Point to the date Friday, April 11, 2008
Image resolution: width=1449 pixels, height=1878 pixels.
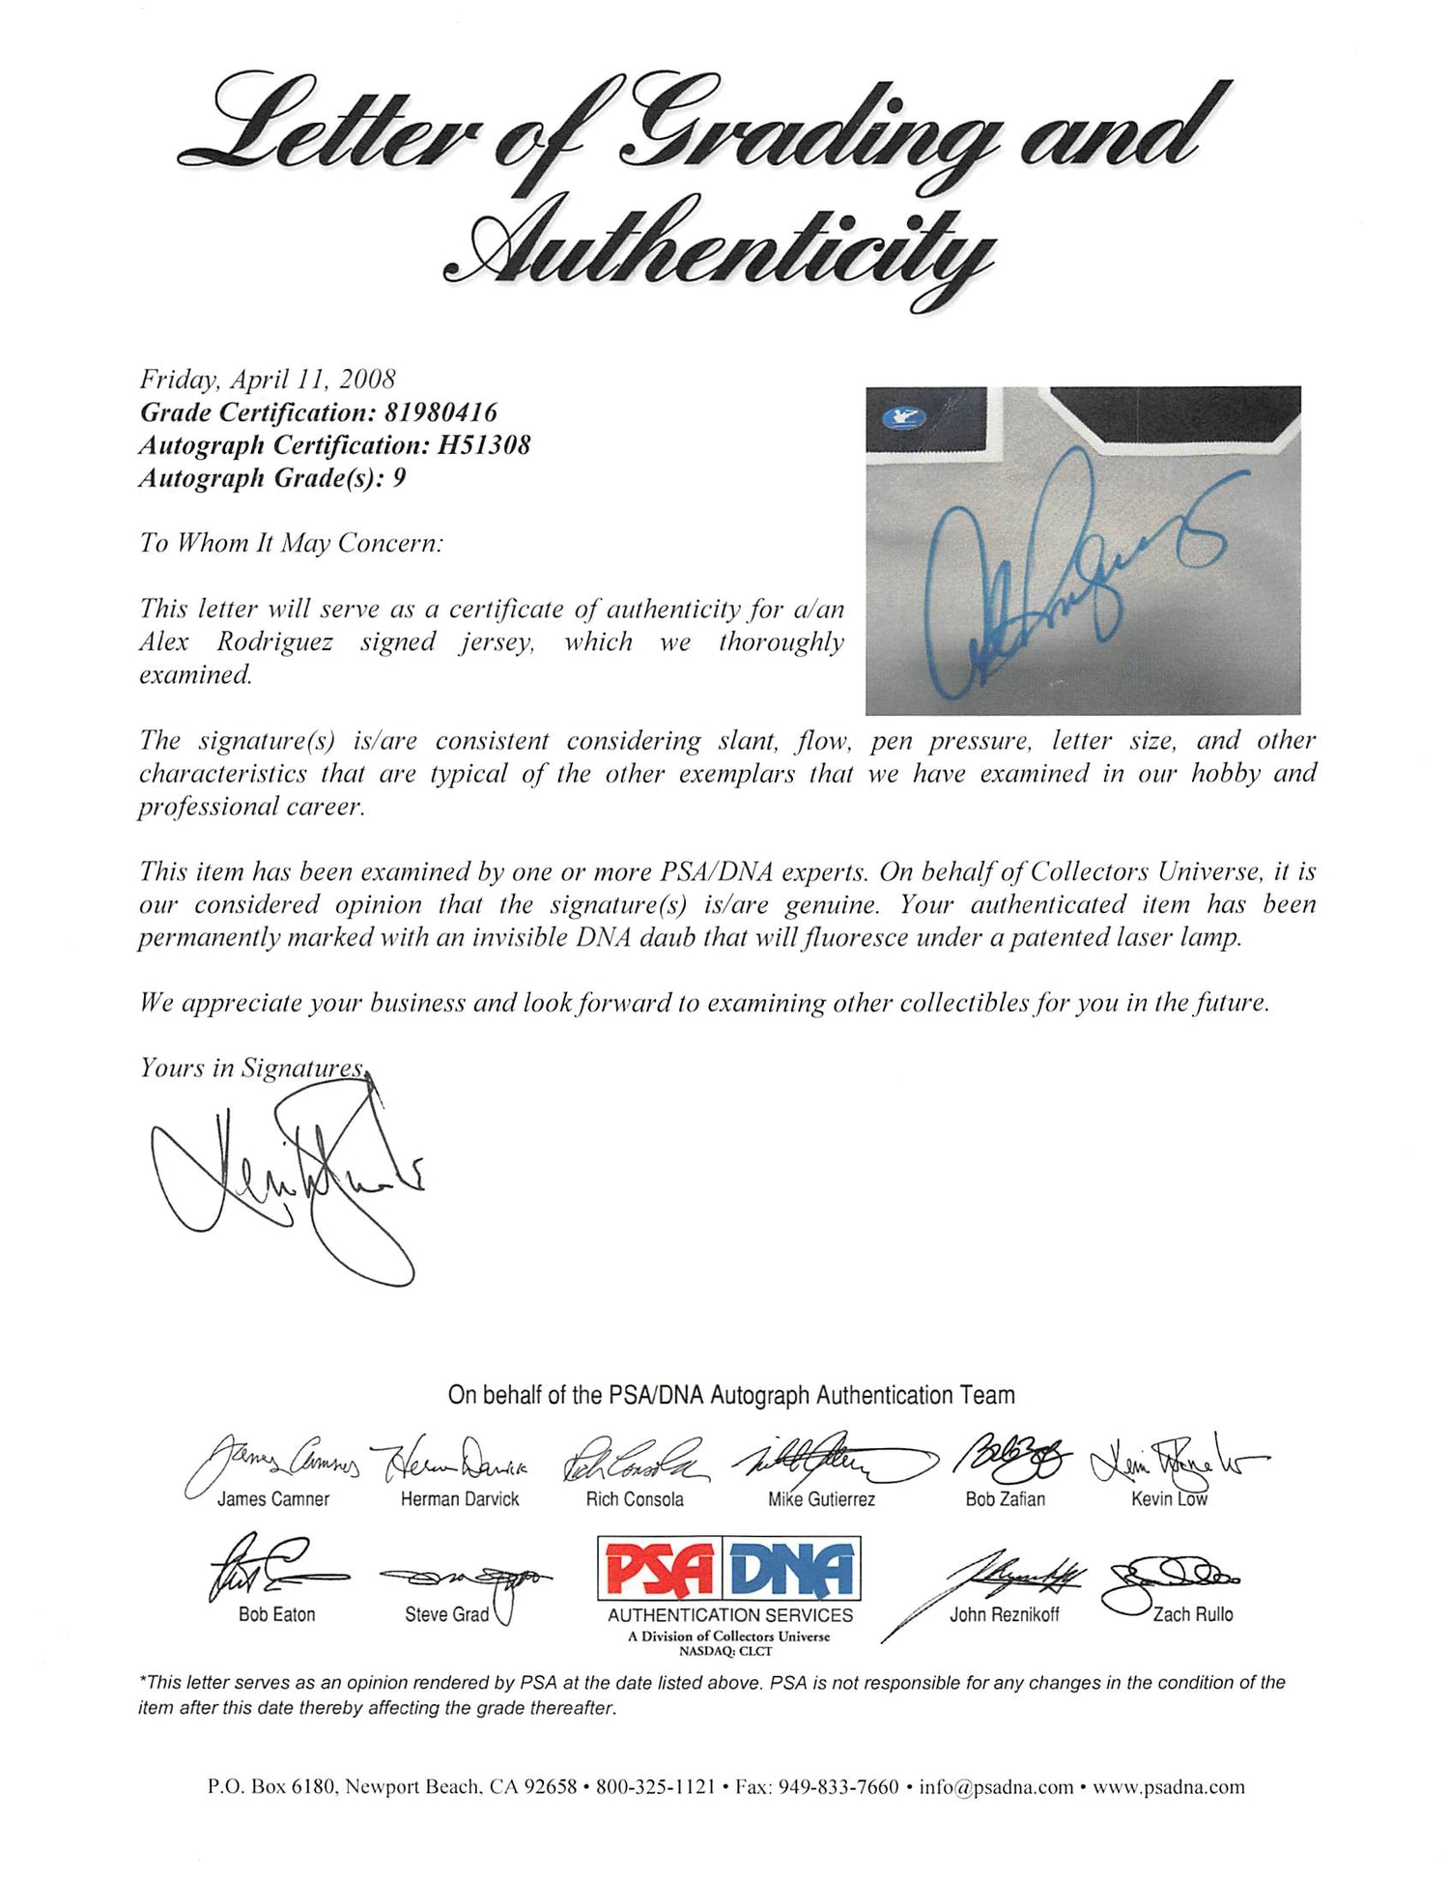pyautogui.click(x=268, y=380)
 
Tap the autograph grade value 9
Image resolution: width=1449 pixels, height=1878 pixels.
pyautogui.click(x=399, y=478)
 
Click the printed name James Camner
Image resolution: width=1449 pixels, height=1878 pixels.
pyautogui.click(x=273, y=1499)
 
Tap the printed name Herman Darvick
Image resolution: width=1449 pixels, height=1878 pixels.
pyautogui.click(x=460, y=1499)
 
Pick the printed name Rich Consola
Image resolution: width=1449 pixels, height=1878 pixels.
pyautogui.click(x=635, y=1499)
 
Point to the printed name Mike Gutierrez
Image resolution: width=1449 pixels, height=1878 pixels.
pyautogui.click(x=821, y=1499)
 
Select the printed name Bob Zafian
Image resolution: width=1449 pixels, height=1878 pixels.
pyautogui.click(x=1005, y=1499)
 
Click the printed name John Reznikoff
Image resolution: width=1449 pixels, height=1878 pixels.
pyautogui.click(x=1005, y=1614)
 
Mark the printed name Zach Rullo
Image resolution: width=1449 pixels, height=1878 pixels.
pyautogui.click(x=1193, y=1614)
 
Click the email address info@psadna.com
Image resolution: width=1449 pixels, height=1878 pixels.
pyautogui.click(x=996, y=1787)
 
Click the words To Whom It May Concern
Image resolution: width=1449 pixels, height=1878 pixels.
pyautogui.click(x=291, y=544)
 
